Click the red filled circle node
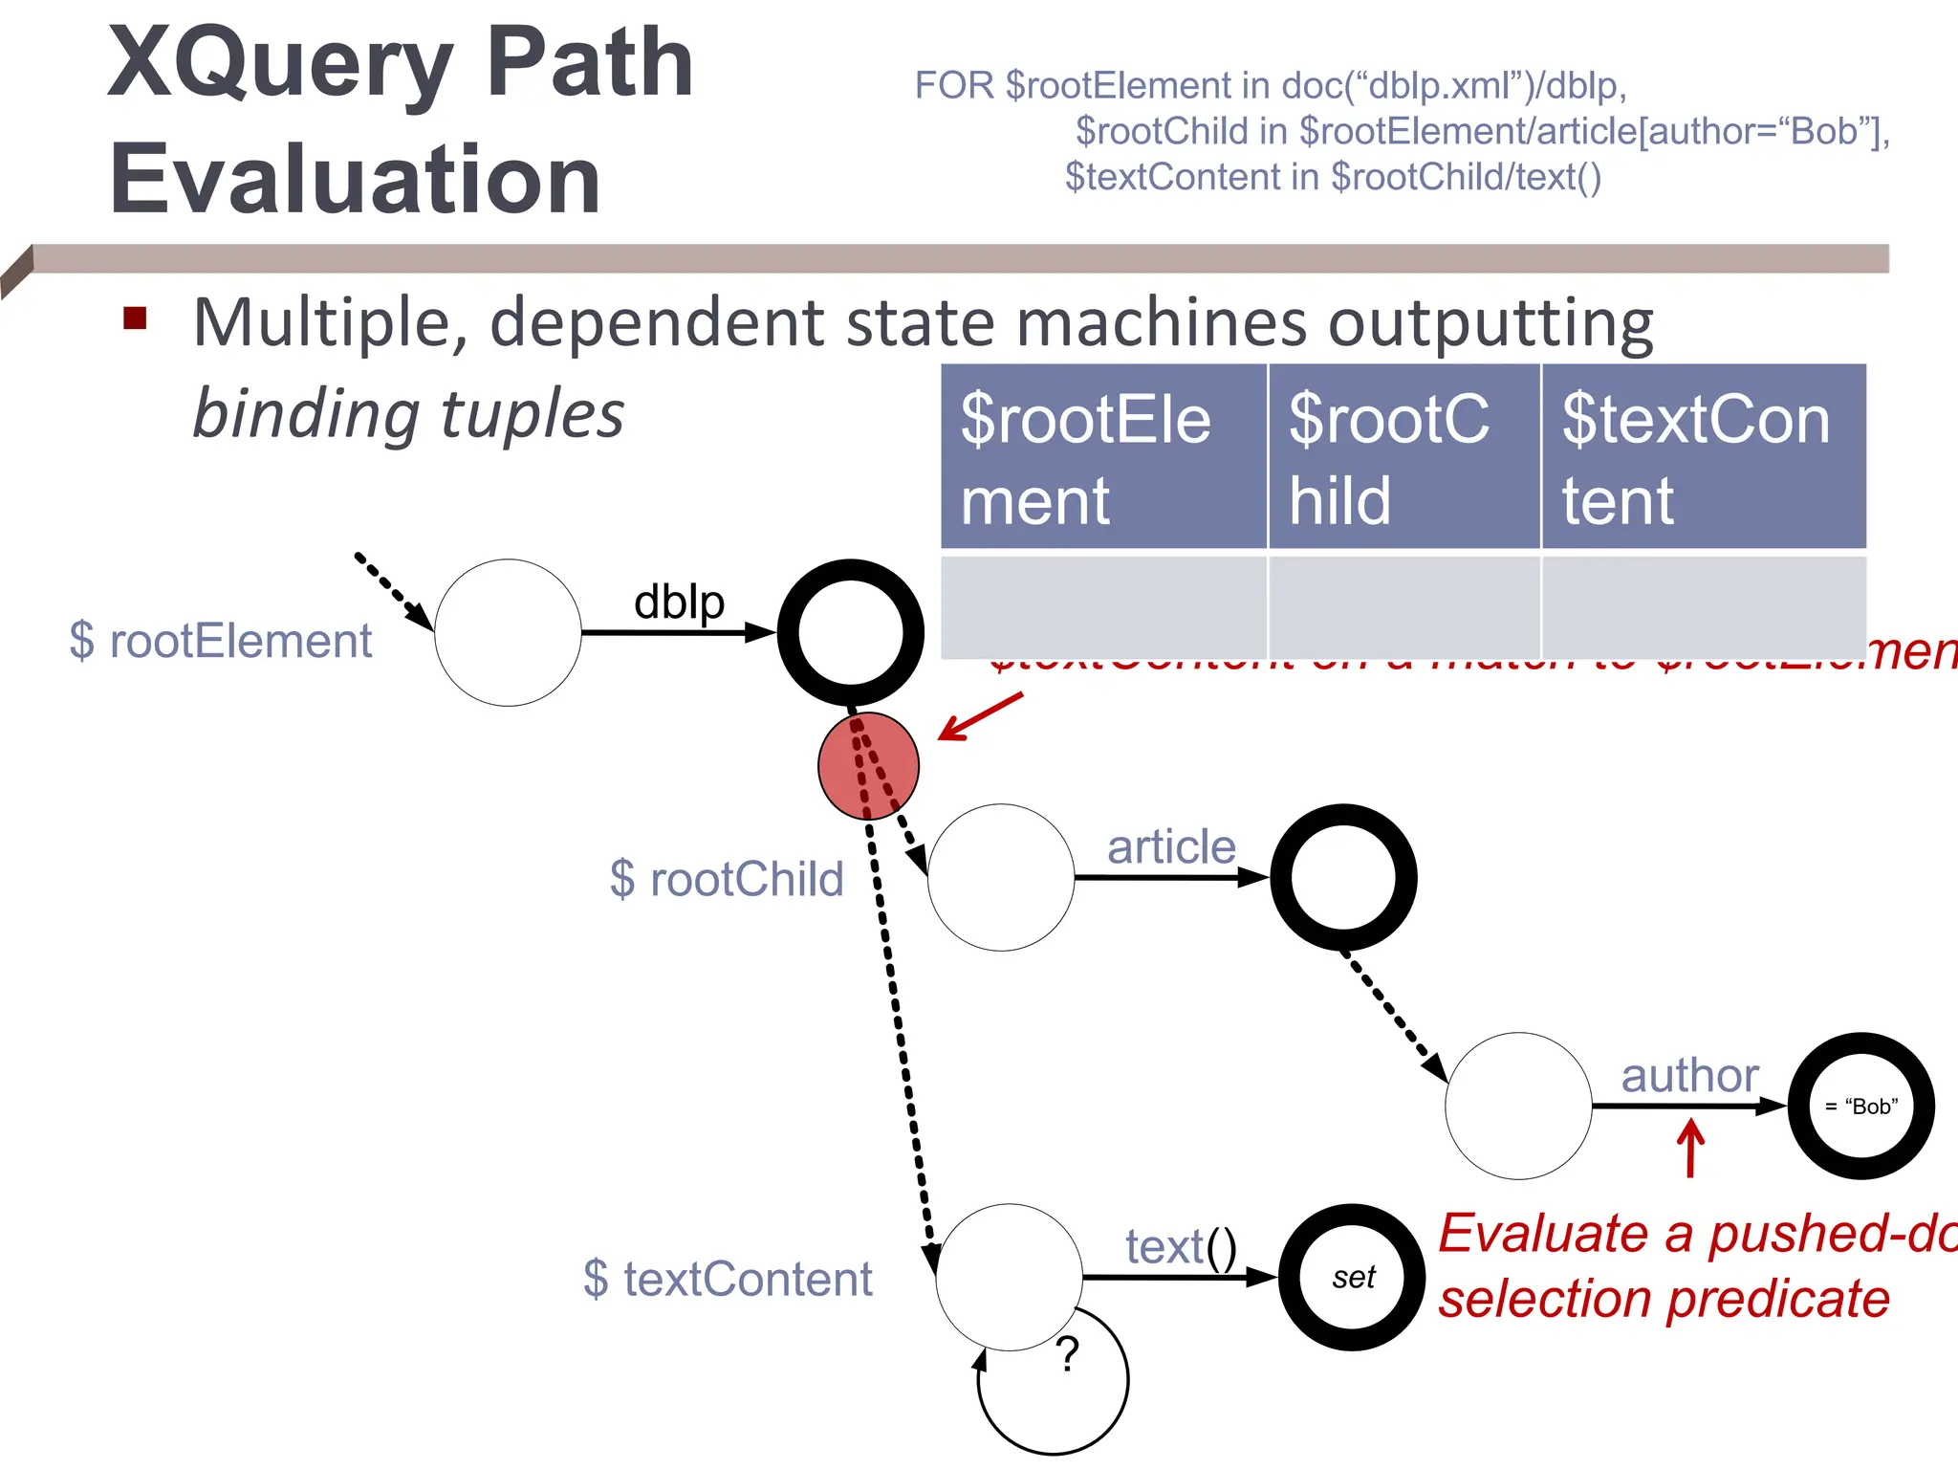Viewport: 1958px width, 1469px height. point(868,766)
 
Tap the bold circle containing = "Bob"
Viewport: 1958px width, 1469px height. point(1860,1107)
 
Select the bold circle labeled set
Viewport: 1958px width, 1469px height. point(1352,1278)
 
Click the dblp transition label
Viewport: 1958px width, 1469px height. point(679,603)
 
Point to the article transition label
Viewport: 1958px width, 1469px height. point(1171,847)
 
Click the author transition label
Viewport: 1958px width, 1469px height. point(1689,1076)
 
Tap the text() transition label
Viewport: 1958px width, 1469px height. point(1181,1247)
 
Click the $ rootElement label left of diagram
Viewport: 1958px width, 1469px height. point(221,641)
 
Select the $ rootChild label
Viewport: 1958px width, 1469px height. point(727,879)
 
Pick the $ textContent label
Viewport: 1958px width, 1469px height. point(728,1279)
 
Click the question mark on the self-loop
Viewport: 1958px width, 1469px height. point(1068,1354)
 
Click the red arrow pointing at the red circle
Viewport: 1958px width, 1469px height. point(980,716)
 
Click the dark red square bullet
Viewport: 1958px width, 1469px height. point(135,318)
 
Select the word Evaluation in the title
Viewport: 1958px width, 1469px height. point(355,179)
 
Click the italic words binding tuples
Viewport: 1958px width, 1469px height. point(408,414)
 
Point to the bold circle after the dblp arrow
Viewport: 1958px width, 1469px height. point(850,632)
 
